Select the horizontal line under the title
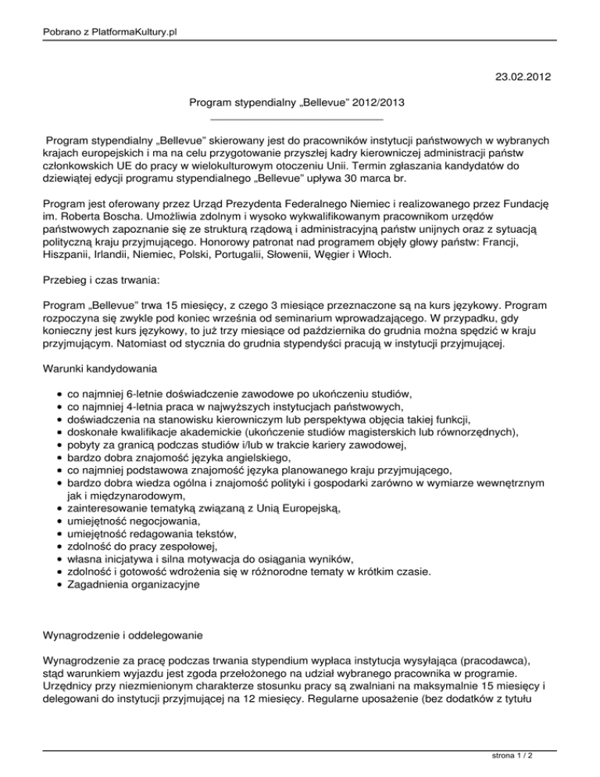[297, 118]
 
